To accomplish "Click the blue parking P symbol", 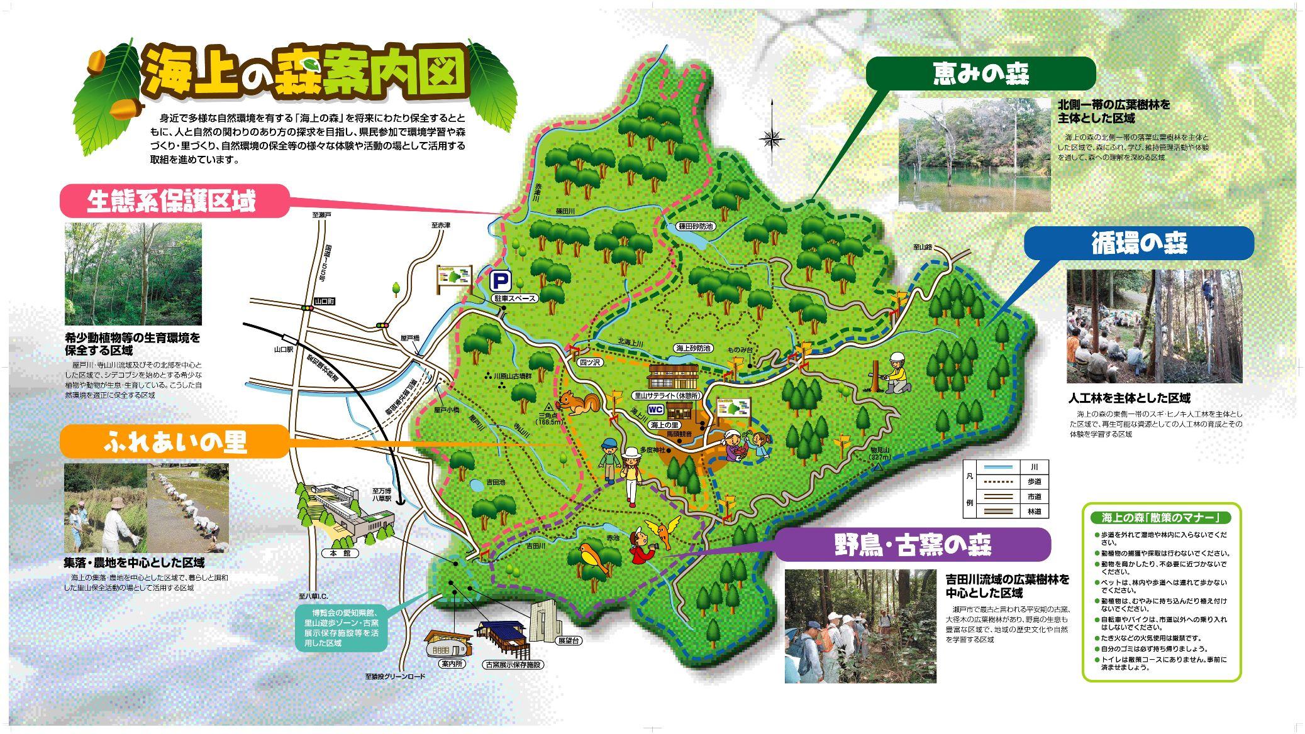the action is coord(501,279).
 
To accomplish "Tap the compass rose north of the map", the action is coord(772,138).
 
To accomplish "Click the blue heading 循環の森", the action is coord(1139,243).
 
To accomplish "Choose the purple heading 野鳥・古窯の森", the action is coord(913,544).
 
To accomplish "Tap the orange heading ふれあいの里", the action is coord(174,442).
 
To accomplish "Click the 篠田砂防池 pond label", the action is coord(696,226).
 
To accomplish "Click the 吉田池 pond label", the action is coord(496,483).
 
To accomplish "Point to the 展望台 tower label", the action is coord(568,641).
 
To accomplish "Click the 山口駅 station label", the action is coord(284,348).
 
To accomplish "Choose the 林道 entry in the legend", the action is coord(1034,512).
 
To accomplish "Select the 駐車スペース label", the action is coord(514,299).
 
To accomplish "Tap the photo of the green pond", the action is coord(974,155).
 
